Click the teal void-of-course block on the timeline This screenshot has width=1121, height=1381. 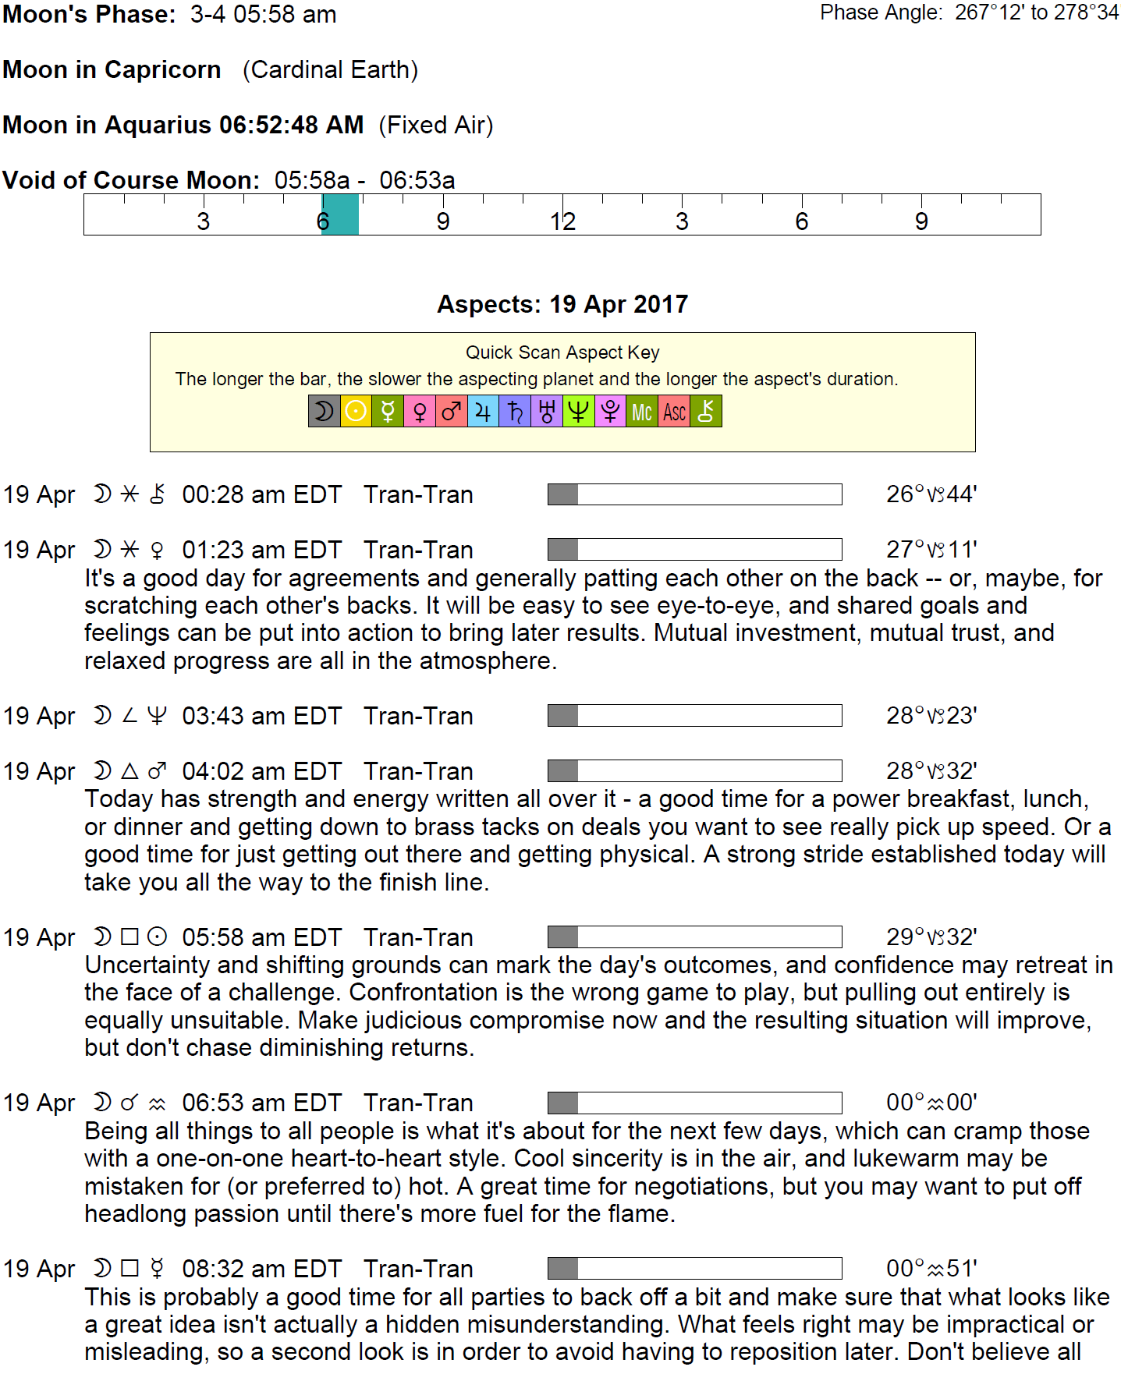(x=340, y=214)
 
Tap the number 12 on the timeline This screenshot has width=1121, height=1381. (x=562, y=222)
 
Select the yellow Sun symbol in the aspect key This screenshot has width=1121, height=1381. (x=356, y=412)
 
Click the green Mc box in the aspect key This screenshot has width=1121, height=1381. (x=642, y=412)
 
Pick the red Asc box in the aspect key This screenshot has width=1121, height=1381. (x=674, y=412)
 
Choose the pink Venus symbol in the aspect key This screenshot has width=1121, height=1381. (x=420, y=412)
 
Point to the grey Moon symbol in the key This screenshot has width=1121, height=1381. (x=324, y=412)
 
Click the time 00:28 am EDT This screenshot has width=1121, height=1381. (x=261, y=494)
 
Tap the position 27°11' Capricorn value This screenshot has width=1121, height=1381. (x=931, y=550)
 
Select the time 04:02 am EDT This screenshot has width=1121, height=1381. (x=261, y=771)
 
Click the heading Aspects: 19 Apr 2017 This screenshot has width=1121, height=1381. (x=562, y=304)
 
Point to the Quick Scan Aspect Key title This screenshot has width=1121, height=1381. (x=562, y=352)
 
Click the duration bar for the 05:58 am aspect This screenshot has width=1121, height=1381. (x=694, y=937)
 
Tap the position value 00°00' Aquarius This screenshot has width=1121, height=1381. (x=931, y=1103)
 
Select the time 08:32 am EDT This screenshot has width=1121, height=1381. (x=261, y=1269)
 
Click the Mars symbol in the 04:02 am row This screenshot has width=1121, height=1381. (x=157, y=771)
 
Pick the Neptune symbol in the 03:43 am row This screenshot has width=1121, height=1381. (x=157, y=716)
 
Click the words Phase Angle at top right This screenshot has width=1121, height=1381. (x=881, y=12)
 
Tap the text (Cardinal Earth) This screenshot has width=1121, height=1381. (x=330, y=69)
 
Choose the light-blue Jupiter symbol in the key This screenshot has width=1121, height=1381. (x=483, y=412)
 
